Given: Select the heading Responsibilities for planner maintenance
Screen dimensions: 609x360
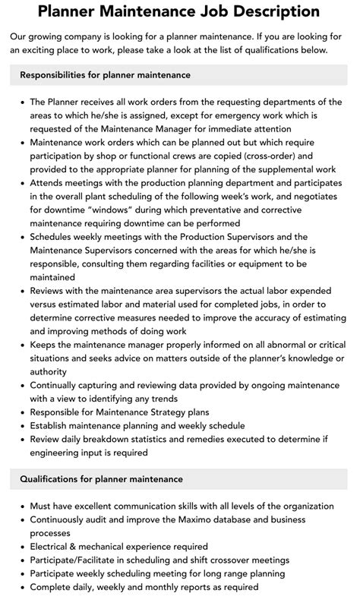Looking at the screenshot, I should point(105,75).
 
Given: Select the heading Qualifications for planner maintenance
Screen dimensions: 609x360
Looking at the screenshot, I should point(101,479).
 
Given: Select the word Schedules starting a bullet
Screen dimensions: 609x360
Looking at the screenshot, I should point(54,237).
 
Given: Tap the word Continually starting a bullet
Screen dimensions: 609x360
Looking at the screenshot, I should point(57,384).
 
